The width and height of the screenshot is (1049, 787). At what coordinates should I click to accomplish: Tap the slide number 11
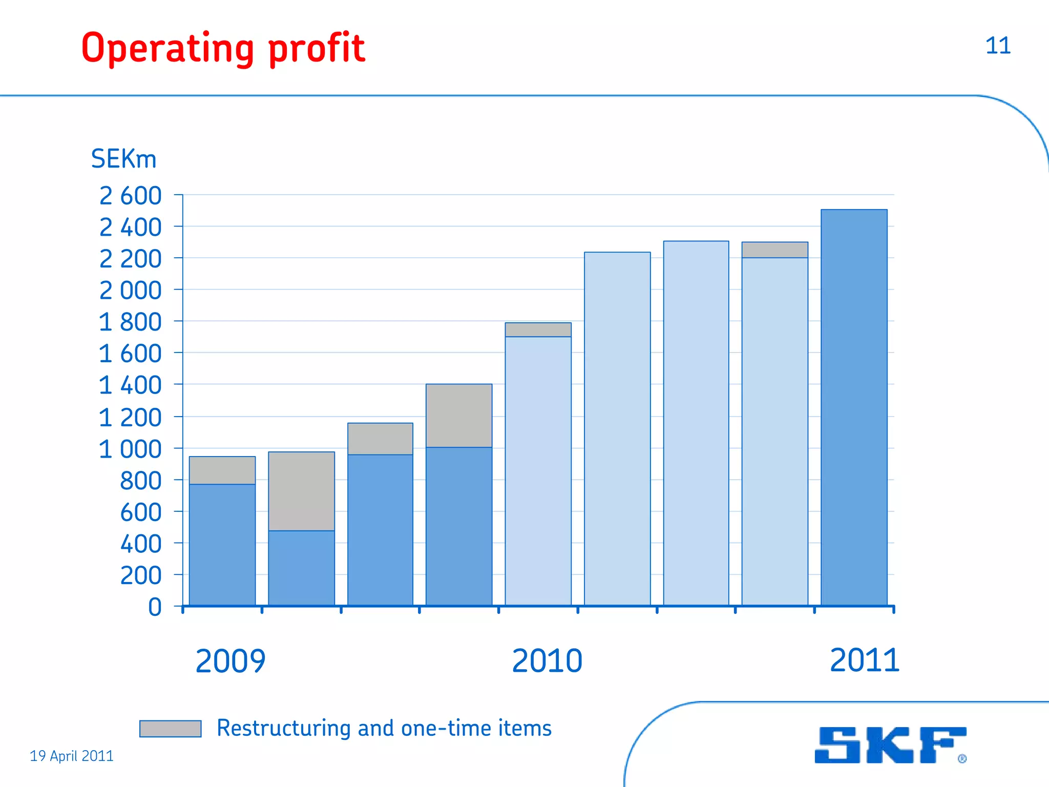pos(998,46)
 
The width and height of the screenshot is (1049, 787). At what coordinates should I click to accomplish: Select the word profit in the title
pos(316,49)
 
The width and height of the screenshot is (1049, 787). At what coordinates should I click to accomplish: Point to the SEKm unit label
pos(123,159)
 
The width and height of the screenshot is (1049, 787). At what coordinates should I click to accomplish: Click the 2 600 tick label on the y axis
pos(131,196)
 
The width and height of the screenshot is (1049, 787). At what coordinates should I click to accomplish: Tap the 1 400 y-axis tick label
pos(131,385)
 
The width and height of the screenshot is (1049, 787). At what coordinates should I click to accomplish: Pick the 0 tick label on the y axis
pos(155,607)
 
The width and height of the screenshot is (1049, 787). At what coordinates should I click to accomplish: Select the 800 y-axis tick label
pos(140,481)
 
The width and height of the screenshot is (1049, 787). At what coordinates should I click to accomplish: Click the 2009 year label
pos(230,661)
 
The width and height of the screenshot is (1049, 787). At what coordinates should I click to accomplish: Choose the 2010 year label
pos(547,661)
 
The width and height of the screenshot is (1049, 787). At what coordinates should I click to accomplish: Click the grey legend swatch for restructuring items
pos(170,729)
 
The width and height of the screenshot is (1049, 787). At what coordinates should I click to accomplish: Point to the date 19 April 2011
pos(72,756)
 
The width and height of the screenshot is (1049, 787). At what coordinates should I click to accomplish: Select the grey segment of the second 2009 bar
pos(301,491)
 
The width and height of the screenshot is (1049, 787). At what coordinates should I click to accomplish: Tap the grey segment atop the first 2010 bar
pos(538,329)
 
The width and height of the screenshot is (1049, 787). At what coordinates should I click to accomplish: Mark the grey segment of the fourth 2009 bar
pos(459,416)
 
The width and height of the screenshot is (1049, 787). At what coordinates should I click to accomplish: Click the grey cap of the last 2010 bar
pos(775,250)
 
